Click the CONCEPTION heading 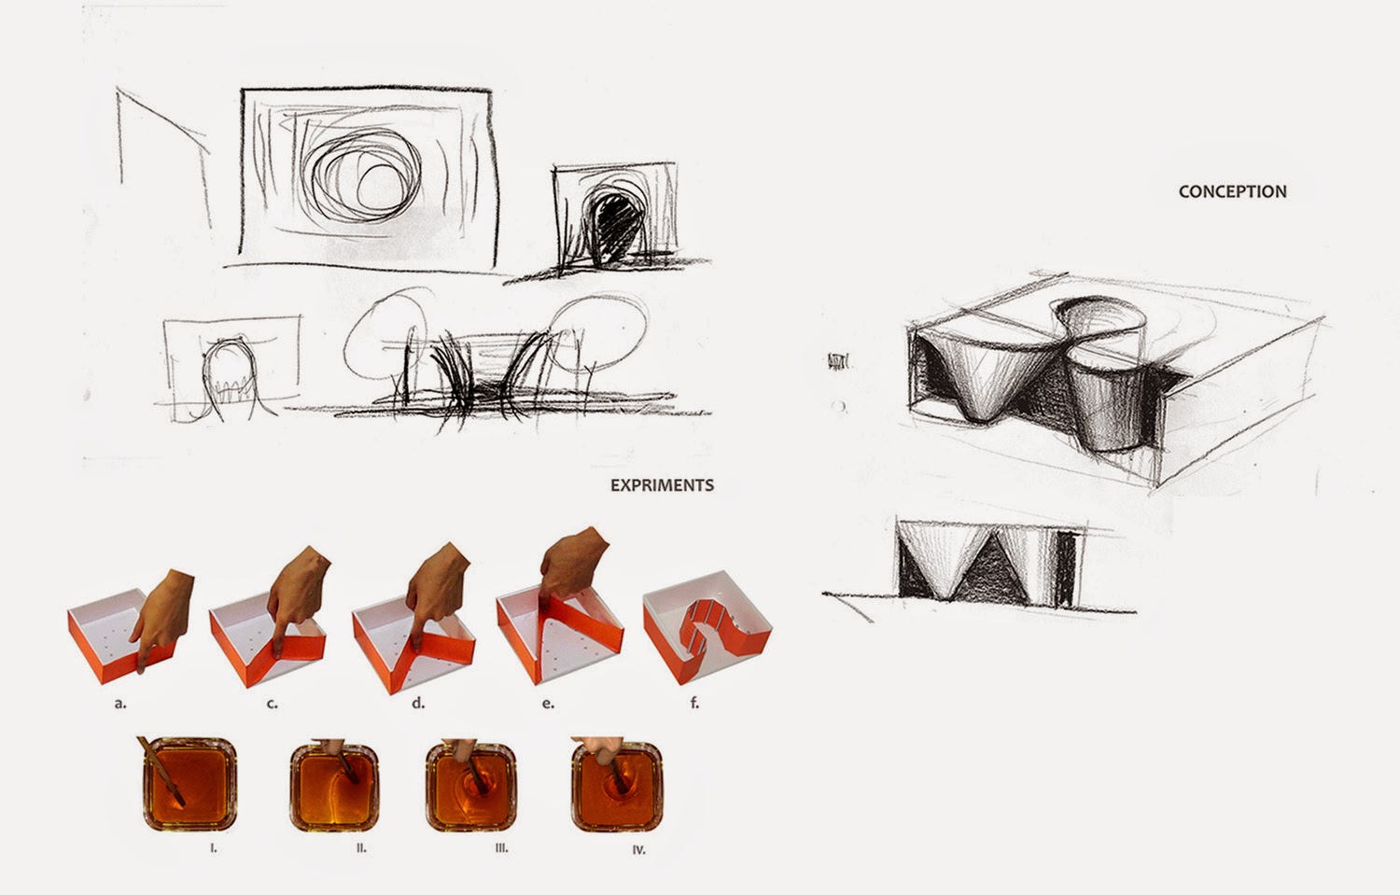coord(1233,191)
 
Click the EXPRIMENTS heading coord(662,485)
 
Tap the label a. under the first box coord(120,703)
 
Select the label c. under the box coord(272,704)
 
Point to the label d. coord(418,703)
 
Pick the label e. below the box coord(548,704)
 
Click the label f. coord(694,703)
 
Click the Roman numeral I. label coord(213,848)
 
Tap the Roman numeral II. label coord(361,848)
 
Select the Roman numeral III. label coord(501,848)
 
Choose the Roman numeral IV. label coord(638,849)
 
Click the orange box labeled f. coord(707,625)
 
